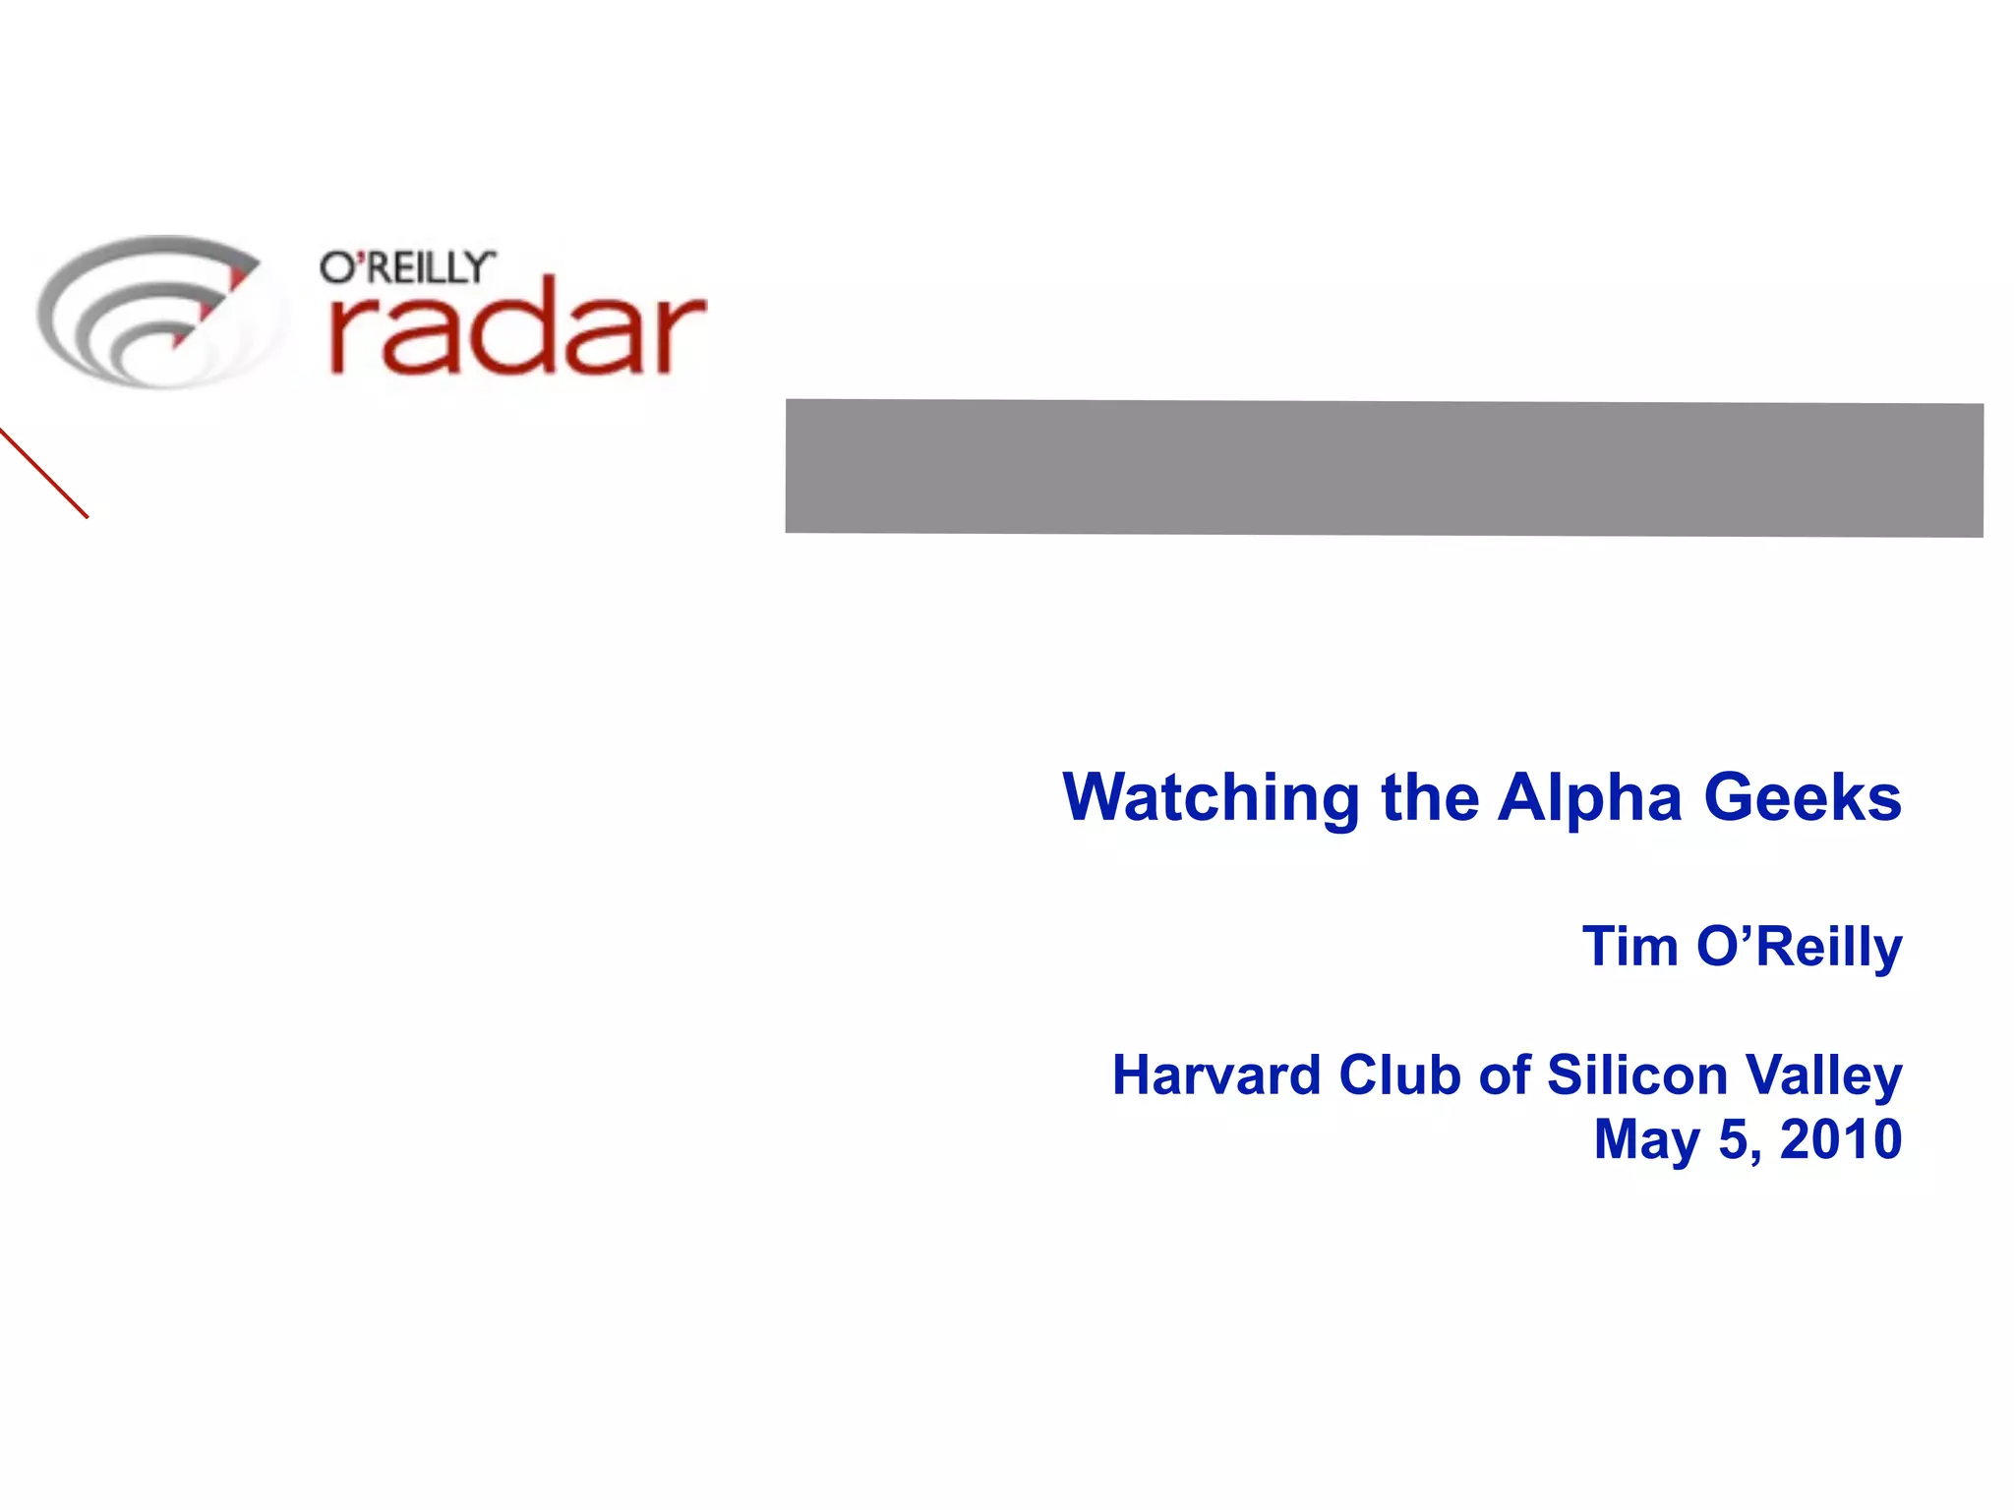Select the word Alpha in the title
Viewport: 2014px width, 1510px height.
(1589, 797)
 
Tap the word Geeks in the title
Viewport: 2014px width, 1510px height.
(1803, 797)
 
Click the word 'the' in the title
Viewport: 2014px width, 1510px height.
(1430, 797)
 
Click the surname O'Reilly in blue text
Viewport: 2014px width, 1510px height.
(1800, 947)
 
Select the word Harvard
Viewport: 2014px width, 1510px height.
(1216, 1074)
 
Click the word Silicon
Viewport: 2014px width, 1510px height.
(1637, 1074)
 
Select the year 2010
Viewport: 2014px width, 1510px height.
(1841, 1139)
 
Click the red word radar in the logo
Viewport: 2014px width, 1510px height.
(517, 327)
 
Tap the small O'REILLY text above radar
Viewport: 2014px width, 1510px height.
(406, 267)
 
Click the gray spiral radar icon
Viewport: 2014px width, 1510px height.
(152, 312)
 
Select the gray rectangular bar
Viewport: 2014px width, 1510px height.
(1384, 468)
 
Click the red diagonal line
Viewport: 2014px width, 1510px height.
(44, 474)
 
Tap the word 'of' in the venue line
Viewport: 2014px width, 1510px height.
(1506, 1074)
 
